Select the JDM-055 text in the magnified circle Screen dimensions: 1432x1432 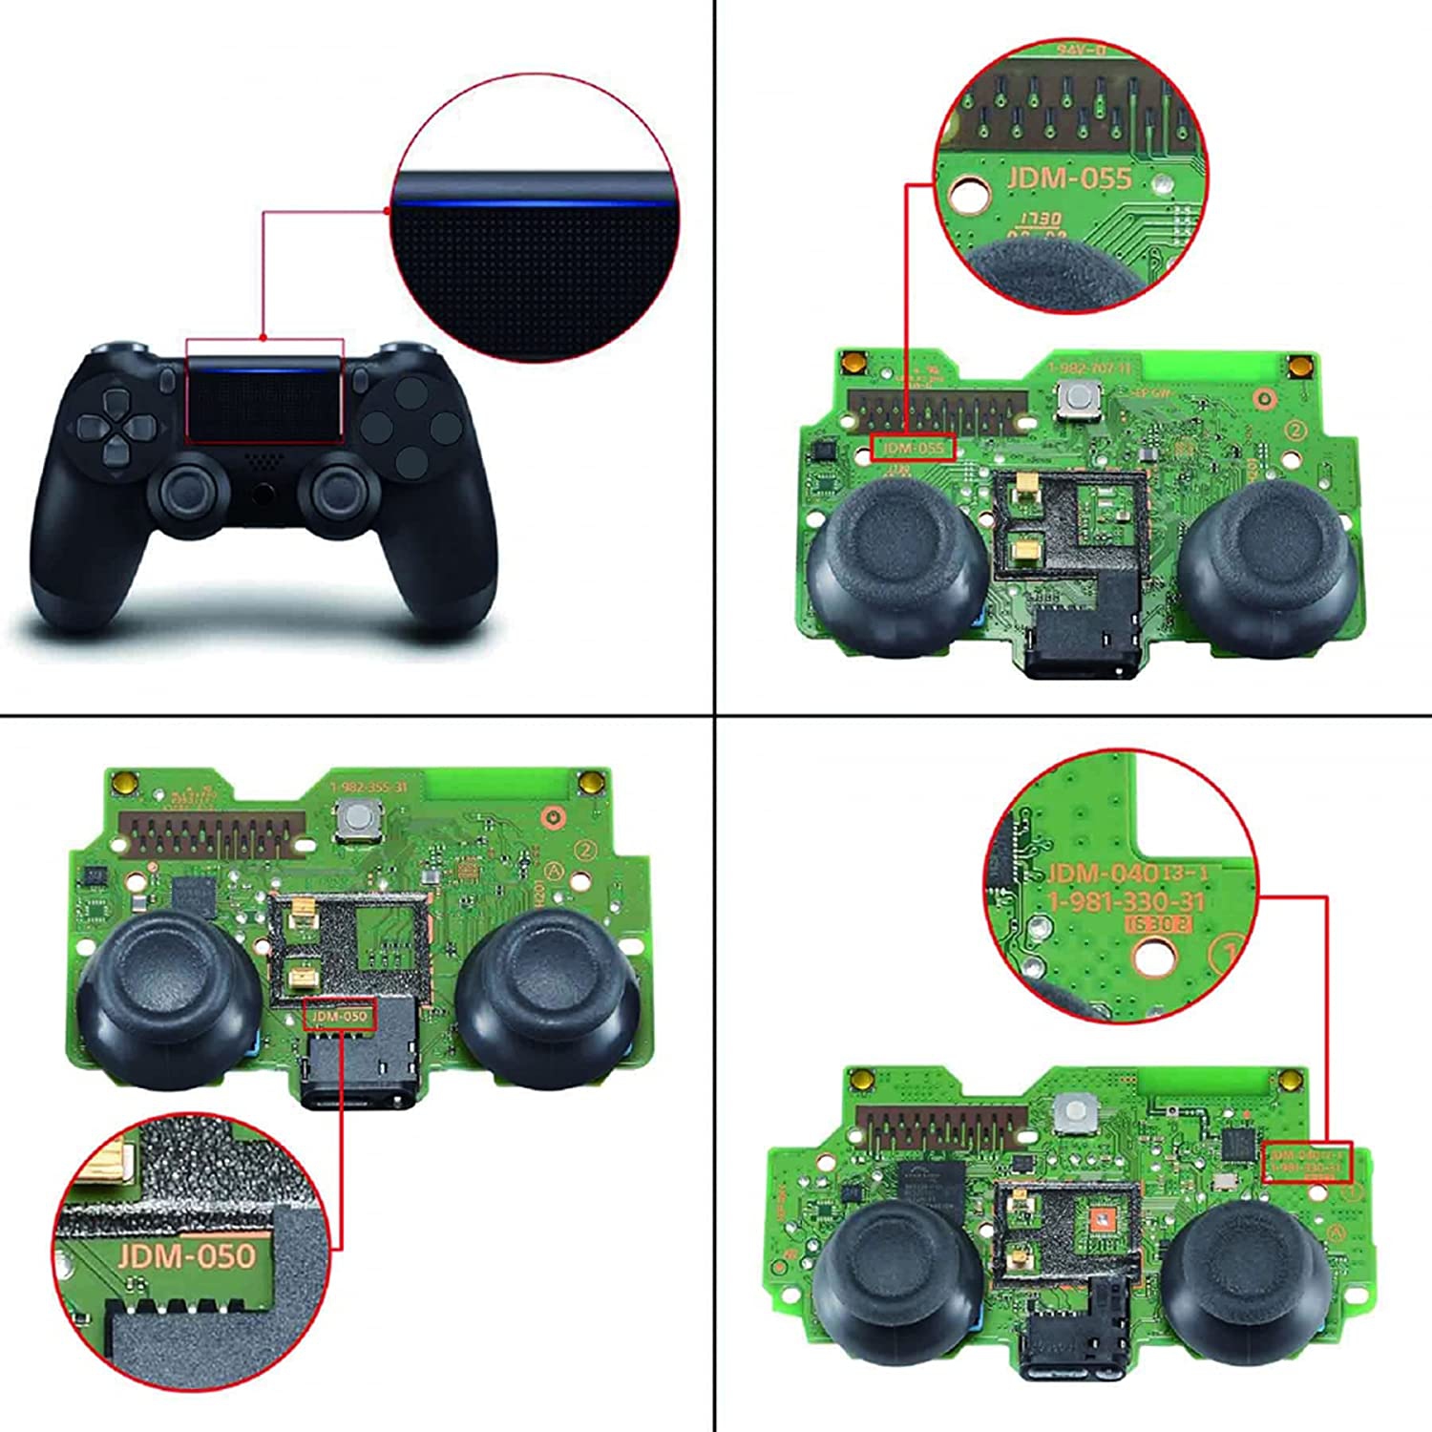1068,179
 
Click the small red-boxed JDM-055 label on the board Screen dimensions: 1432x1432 912,448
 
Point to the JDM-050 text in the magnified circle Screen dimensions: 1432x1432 187,1255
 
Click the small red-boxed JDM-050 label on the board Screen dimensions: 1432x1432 340,1016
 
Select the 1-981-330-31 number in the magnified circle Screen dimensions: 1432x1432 1126,902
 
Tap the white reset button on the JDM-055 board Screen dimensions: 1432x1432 1078,399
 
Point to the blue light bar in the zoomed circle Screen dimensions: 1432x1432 535,203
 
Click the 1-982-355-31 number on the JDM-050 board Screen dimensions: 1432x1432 368,787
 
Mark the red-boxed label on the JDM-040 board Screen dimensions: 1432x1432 1306,1162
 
